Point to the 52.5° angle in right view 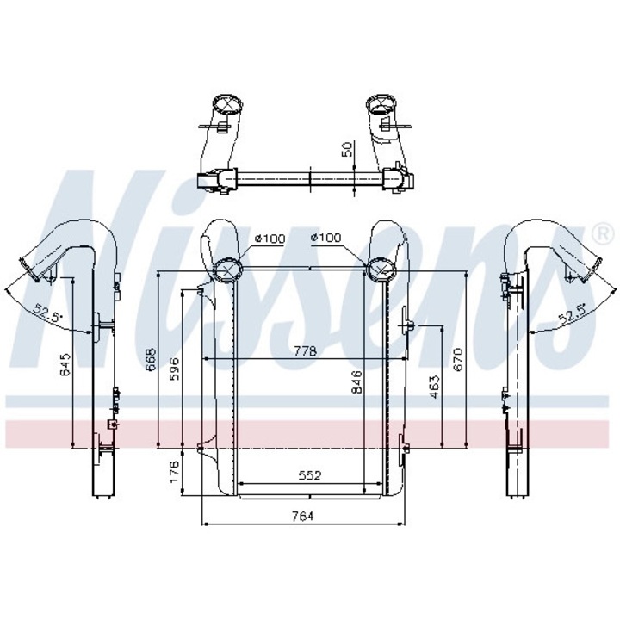click(571, 314)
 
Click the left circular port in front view click(228, 270)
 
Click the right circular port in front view click(381, 270)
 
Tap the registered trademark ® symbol click(598, 232)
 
